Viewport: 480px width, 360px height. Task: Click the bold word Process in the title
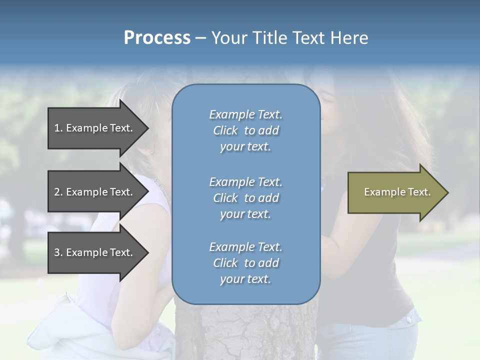point(157,38)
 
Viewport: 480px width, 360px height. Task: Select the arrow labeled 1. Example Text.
point(95,128)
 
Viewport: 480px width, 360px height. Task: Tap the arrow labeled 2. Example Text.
point(95,192)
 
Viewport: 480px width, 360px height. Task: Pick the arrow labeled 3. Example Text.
point(95,252)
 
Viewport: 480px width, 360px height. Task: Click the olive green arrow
point(395,192)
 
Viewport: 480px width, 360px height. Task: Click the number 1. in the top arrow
point(58,128)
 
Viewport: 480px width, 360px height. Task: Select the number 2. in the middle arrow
point(58,192)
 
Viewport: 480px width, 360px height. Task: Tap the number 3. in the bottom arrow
point(58,252)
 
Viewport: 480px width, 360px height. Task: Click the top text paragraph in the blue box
point(245,130)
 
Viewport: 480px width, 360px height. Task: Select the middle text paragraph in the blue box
point(245,198)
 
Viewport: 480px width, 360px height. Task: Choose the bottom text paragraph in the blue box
point(245,263)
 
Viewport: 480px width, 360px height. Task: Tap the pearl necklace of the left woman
point(162,187)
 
